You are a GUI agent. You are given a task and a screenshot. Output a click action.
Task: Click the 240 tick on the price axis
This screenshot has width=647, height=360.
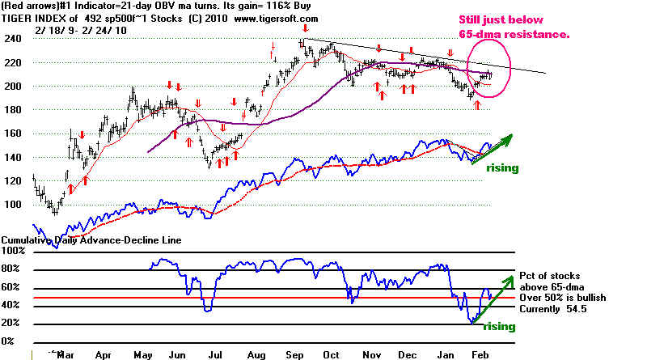click(x=13, y=38)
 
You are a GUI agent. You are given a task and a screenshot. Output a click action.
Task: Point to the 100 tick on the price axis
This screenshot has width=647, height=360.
click(x=13, y=205)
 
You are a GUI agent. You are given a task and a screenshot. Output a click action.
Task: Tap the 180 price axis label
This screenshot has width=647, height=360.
click(x=13, y=110)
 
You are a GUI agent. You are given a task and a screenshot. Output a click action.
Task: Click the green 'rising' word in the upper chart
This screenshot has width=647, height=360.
click(x=501, y=168)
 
